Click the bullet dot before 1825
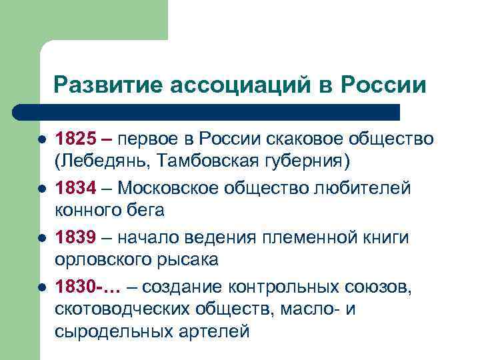41,140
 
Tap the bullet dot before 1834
41,189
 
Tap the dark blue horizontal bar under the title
207,111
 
